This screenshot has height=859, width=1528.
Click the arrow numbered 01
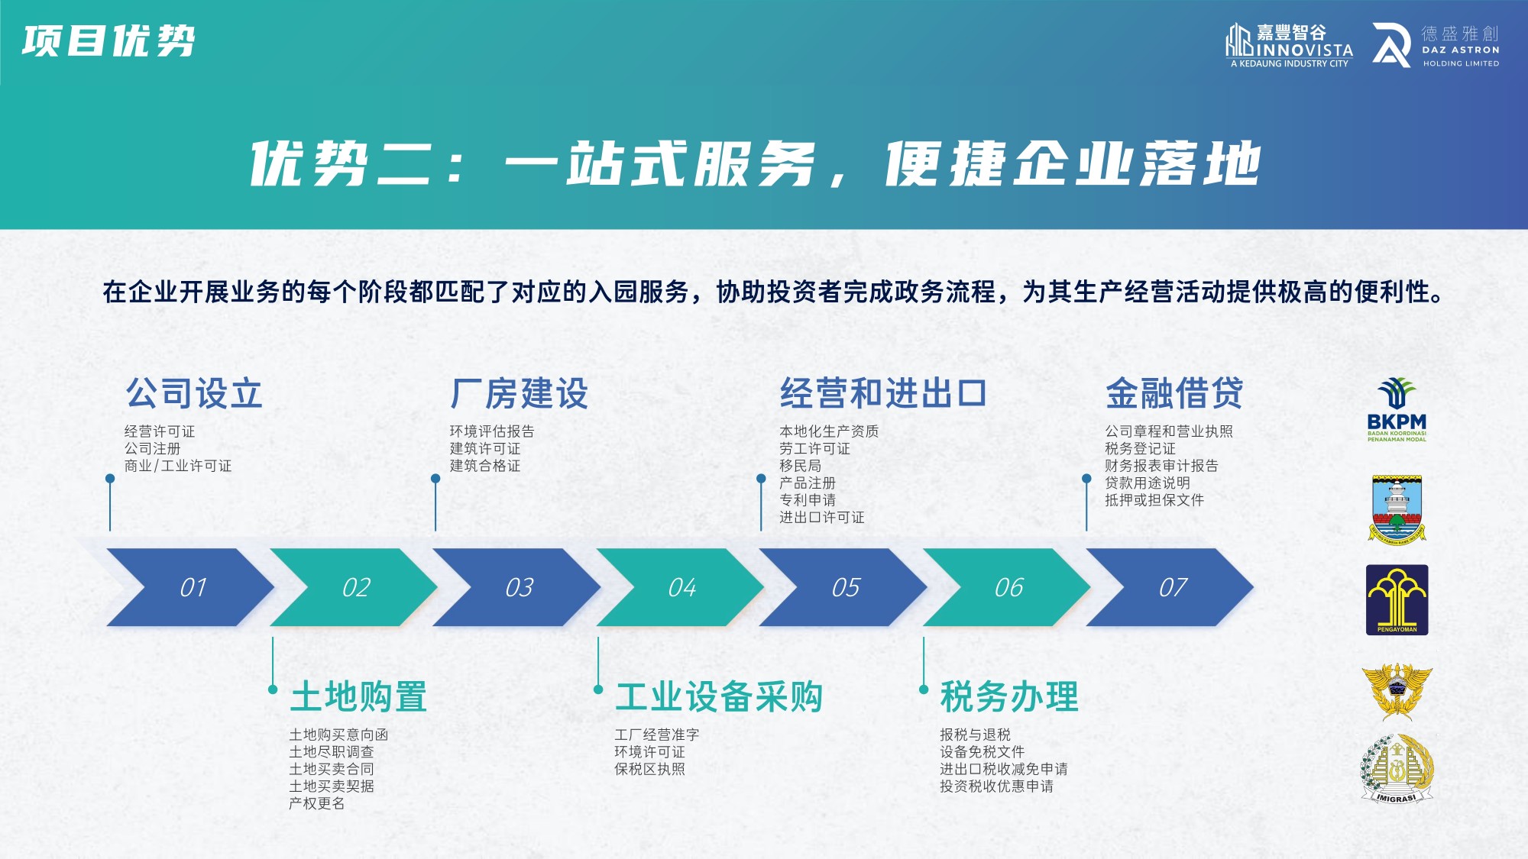tap(191, 587)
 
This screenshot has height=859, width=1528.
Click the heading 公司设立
tap(194, 394)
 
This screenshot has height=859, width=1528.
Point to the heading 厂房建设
tap(520, 394)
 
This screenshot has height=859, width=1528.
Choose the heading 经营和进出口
tap(883, 394)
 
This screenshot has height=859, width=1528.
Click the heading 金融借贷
tap(1174, 394)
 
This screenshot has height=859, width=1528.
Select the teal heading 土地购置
tap(358, 696)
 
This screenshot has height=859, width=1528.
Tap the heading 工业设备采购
tap(719, 696)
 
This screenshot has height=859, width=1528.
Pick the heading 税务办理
tap(1009, 696)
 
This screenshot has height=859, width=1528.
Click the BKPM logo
tap(1397, 410)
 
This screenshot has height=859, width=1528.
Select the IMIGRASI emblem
tap(1397, 768)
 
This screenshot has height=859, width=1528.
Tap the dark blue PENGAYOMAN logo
tap(1397, 600)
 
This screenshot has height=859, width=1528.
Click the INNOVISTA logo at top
tap(1290, 46)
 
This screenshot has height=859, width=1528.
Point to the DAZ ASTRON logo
tap(1436, 46)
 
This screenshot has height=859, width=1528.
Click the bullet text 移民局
tap(800, 466)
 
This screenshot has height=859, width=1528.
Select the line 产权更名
tap(316, 803)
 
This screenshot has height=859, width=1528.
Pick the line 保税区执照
tap(649, 769)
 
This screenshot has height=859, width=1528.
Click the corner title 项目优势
tap(108, 41)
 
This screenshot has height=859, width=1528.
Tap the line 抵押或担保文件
tap(1154, 500)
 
